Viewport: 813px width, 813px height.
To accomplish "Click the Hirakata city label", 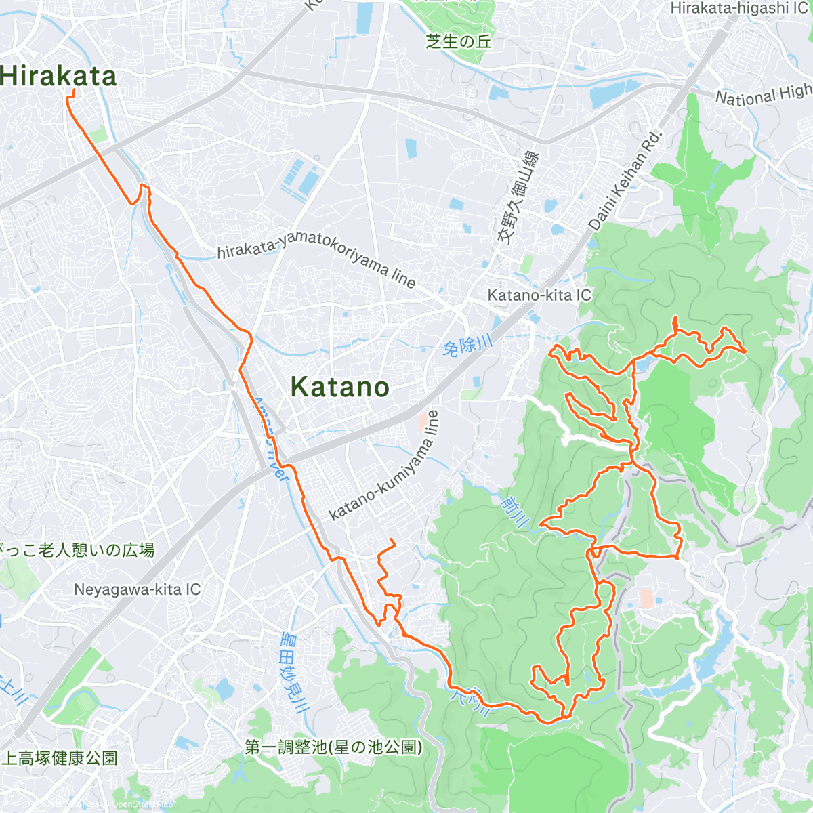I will tap(58, 76).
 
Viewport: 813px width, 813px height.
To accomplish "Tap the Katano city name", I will tap(339, 387).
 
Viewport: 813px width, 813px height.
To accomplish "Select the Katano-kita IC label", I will tap(539, 295).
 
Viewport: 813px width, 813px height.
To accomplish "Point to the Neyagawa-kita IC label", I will tap(137, 589).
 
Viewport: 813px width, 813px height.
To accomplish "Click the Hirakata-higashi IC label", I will tap(738, 8).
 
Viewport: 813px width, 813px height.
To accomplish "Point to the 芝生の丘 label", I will tap(459, 41).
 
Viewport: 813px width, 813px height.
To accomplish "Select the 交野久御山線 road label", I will tap(518, 196).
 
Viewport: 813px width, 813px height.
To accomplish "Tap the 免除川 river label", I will tap(467, 346).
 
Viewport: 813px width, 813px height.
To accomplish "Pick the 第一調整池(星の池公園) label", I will tap(333, 747).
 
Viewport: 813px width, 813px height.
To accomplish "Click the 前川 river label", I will tap(514, 512).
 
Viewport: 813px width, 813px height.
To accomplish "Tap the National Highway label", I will tap(763, 96).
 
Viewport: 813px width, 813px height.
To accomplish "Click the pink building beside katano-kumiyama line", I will tap(423, 421).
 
